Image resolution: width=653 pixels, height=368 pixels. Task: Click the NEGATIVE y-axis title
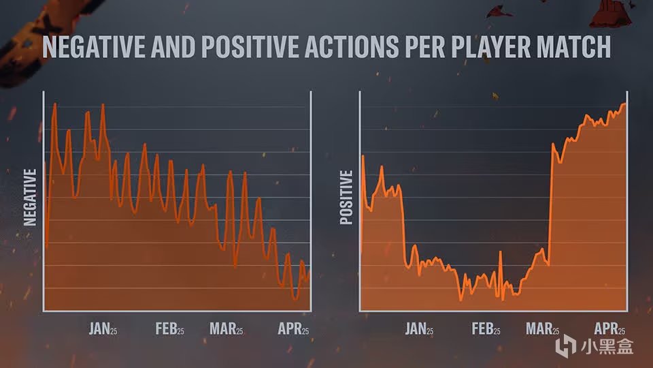point(30,197)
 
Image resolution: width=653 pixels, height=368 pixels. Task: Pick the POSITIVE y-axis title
point(346,197)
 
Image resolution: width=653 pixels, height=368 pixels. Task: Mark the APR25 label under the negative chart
point(293,329)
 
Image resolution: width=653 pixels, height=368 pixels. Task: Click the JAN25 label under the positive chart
point(419,329)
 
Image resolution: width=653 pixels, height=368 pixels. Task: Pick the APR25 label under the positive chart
point(610,329)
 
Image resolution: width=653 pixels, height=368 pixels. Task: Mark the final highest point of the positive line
point(624,104)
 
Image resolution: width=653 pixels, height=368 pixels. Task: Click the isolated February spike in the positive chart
point(501,253)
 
